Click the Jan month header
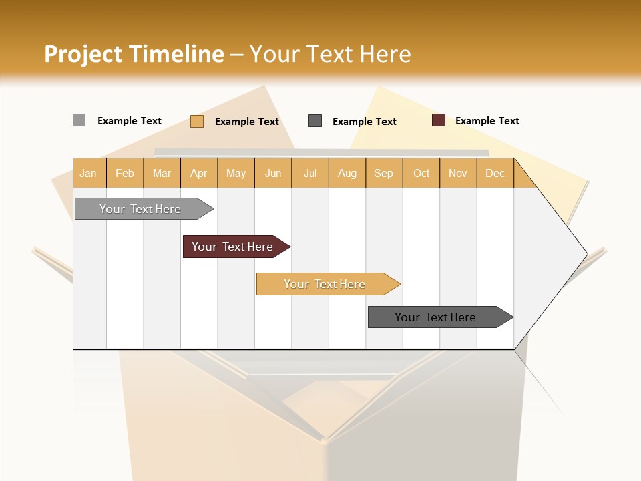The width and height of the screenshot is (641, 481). pos(89,174)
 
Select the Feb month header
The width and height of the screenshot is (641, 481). pos(125,174)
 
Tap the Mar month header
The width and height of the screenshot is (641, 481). pos(162,174)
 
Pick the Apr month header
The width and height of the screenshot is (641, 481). pos(199,174)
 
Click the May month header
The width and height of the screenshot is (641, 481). pos(236,174)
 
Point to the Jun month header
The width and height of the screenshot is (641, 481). pos(273,174)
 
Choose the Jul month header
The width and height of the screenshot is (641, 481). pos(310,174)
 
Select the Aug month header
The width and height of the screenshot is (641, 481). pos(347,174)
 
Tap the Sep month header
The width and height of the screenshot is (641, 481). pos(384,174)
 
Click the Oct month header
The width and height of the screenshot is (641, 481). pos(421,174)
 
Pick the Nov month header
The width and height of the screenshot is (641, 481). pos(458,174)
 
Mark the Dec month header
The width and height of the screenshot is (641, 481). pos(495,174)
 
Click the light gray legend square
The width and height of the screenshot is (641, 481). pos(79,120)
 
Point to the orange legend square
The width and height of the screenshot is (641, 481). pos(197,121)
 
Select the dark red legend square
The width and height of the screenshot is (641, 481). pos(439,120)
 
